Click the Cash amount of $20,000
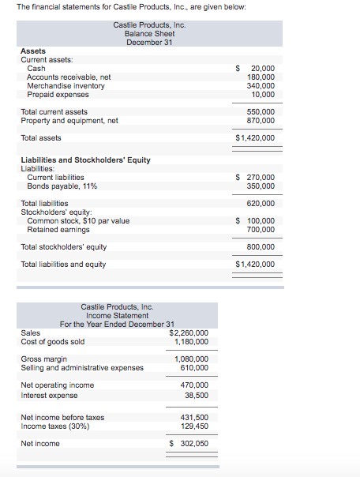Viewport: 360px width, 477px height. (257, 69)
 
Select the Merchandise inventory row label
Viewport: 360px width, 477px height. (66, 86)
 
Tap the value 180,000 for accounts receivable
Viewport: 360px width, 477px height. (261, 77)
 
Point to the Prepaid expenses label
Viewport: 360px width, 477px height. (58, 95)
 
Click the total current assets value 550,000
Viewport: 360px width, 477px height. (261, 112)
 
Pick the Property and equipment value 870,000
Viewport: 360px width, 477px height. (261, 121)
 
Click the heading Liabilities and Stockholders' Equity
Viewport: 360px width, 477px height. (85, 160)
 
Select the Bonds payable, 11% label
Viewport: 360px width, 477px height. (62, 186)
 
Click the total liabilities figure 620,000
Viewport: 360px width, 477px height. (261, 203)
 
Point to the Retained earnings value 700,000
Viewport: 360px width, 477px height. (261, 229)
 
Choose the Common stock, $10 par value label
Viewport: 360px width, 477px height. (78, 220)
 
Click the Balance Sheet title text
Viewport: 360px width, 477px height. (149, 34)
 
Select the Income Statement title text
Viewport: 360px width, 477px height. (117, 316)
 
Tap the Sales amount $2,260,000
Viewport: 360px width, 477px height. (189, 333)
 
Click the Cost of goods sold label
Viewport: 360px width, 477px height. (52, 342)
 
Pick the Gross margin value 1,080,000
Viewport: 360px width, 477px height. (191, 359)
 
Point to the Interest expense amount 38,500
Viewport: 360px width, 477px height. (196, 394)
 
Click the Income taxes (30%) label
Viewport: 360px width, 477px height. (55, 426)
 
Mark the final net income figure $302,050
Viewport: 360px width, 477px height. (190, 444)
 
